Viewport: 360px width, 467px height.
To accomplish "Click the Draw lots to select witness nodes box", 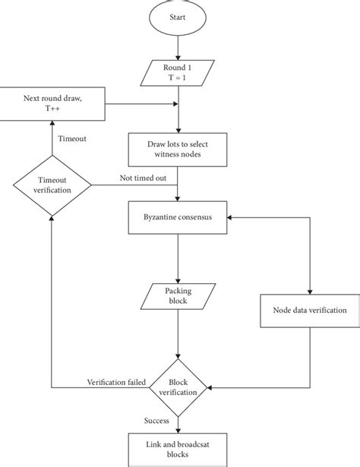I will (177, 146).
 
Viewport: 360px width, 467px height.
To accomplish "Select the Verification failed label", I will (116, 380).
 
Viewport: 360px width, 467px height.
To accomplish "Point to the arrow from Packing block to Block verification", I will (177, 333).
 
